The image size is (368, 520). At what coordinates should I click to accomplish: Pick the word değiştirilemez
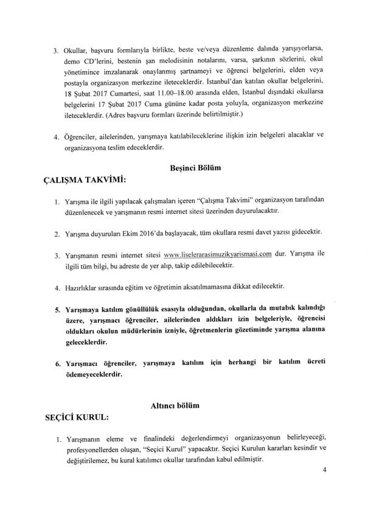pos(84,465)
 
